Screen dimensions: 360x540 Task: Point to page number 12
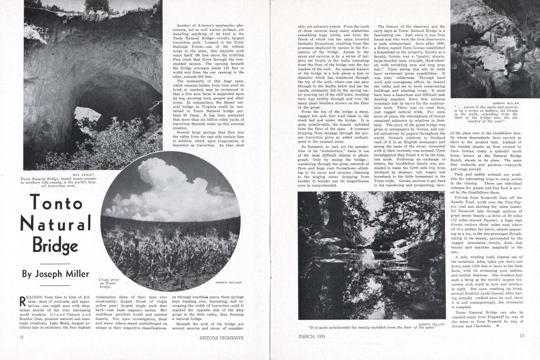21,337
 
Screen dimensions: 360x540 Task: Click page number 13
522,336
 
